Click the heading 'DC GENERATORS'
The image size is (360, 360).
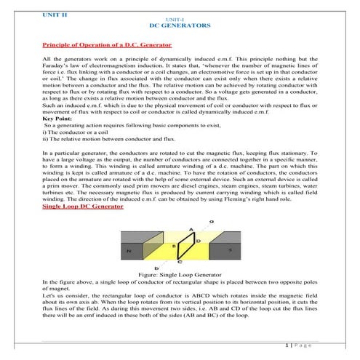tap(180, 25)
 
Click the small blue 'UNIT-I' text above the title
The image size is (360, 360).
tap(180, 18)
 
